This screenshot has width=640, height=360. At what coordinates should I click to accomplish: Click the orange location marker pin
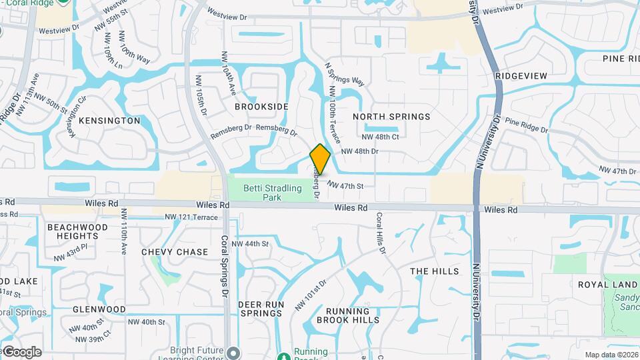320,159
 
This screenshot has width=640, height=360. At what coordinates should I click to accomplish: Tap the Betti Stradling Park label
272,193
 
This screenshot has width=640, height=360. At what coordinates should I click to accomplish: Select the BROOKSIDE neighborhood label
261,107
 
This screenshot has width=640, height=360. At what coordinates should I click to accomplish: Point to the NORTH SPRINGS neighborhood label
391,117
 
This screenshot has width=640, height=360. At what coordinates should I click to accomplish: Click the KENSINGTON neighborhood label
109,121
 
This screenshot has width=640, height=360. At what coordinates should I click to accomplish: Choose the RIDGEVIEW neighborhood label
521,76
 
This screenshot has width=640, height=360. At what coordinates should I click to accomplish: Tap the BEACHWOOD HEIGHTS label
77,231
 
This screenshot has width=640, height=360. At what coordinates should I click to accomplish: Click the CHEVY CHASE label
175,252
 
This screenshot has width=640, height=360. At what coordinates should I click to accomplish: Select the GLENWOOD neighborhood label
99,309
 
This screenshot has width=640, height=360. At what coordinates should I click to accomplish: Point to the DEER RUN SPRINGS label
261,309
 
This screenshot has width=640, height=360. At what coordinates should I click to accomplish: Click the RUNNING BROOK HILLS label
347,315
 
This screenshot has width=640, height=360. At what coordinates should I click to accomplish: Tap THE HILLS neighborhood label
434,271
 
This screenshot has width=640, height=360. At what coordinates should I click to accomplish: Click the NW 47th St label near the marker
345,186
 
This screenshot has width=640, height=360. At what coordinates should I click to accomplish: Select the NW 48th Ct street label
380,137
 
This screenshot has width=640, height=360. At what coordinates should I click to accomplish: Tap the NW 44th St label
250,244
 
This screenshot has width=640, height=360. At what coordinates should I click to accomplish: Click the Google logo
22,351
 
